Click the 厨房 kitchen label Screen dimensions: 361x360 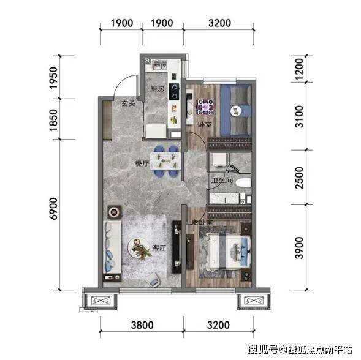(158, 89)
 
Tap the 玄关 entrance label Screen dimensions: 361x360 (128, 103)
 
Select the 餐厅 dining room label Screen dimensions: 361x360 (142, 163)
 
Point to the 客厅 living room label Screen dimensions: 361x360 (159, 248)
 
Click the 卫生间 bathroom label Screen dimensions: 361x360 (222, 181)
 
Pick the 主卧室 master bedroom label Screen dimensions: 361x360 (203, 222)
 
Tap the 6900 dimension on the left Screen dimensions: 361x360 (54, 209)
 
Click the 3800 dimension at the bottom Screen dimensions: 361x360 (142, 325)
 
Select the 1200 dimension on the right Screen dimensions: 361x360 (300, 69)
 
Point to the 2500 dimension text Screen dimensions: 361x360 (300, 178)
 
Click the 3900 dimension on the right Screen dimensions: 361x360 (300, 248)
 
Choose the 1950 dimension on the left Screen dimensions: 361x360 (54, 78)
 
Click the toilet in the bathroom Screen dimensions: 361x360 (243, 183)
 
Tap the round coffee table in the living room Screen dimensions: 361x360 (138, 248)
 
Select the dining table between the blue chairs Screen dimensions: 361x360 (165, 162)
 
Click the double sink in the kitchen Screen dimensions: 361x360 (159, 65)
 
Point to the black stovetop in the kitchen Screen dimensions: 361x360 (174, 92)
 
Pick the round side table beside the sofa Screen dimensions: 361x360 (115, 212)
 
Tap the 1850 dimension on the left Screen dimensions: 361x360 (54, 121)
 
